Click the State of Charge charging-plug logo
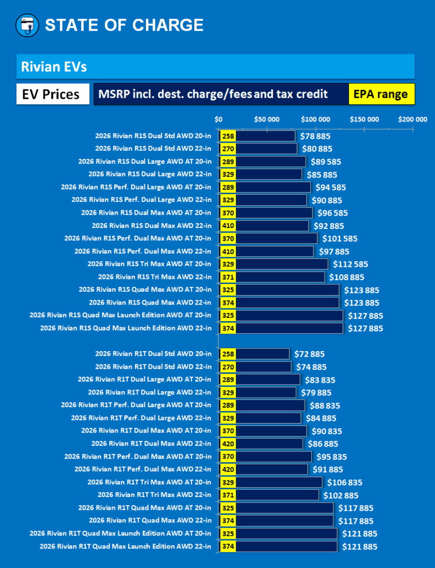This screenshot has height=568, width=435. coord(27,25)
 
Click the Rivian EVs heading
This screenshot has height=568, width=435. coord(54,67)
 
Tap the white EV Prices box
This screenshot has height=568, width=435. coord(50,94)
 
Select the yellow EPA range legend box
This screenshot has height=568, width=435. coord(381,94)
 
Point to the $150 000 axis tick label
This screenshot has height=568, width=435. coord(364,119)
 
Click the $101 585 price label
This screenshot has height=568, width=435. coord(340,239)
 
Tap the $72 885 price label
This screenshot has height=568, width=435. coord(310,354)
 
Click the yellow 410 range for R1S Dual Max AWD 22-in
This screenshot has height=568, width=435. coord(227,226)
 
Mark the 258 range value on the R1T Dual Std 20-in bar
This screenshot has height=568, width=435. coord(227,354)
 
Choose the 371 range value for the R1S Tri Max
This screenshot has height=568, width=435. coord(227,277)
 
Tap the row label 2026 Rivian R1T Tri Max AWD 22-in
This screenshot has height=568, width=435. coord(155,495)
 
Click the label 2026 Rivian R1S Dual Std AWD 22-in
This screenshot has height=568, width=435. coord(153,149)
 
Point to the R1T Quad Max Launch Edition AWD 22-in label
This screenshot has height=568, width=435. coord(126,546)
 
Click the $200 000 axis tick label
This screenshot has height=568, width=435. coord(413,119)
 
